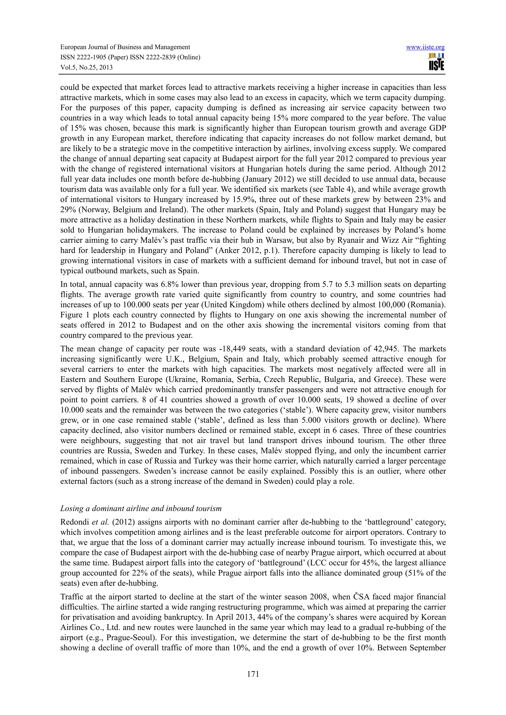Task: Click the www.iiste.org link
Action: pos(425,47)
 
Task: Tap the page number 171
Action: pos(253,674)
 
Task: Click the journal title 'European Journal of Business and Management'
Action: pos(125,47)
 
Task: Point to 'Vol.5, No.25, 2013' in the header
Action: pos(86,68)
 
